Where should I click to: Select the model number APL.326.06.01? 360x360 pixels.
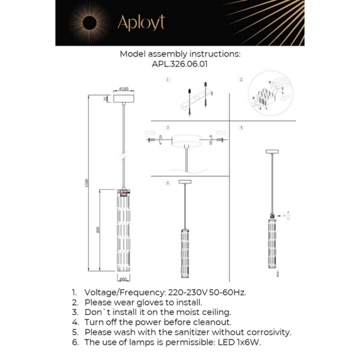click(x=180, y=63)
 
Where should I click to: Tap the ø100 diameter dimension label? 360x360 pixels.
click(x=125, y=88)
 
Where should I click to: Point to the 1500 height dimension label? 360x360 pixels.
click(x=86, y=182)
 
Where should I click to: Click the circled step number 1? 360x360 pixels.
click(x=167, y=80)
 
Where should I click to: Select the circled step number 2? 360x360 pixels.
click(x=241, y=80)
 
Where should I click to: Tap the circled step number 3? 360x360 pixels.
click(x=167, y=128)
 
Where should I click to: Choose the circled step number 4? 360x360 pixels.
click(x=241, y=128)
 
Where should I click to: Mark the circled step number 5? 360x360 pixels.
click(x=167, y=182)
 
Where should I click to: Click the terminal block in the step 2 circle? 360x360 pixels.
click(x=268, y=97)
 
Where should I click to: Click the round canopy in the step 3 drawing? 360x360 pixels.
click(x=187, y=141)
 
